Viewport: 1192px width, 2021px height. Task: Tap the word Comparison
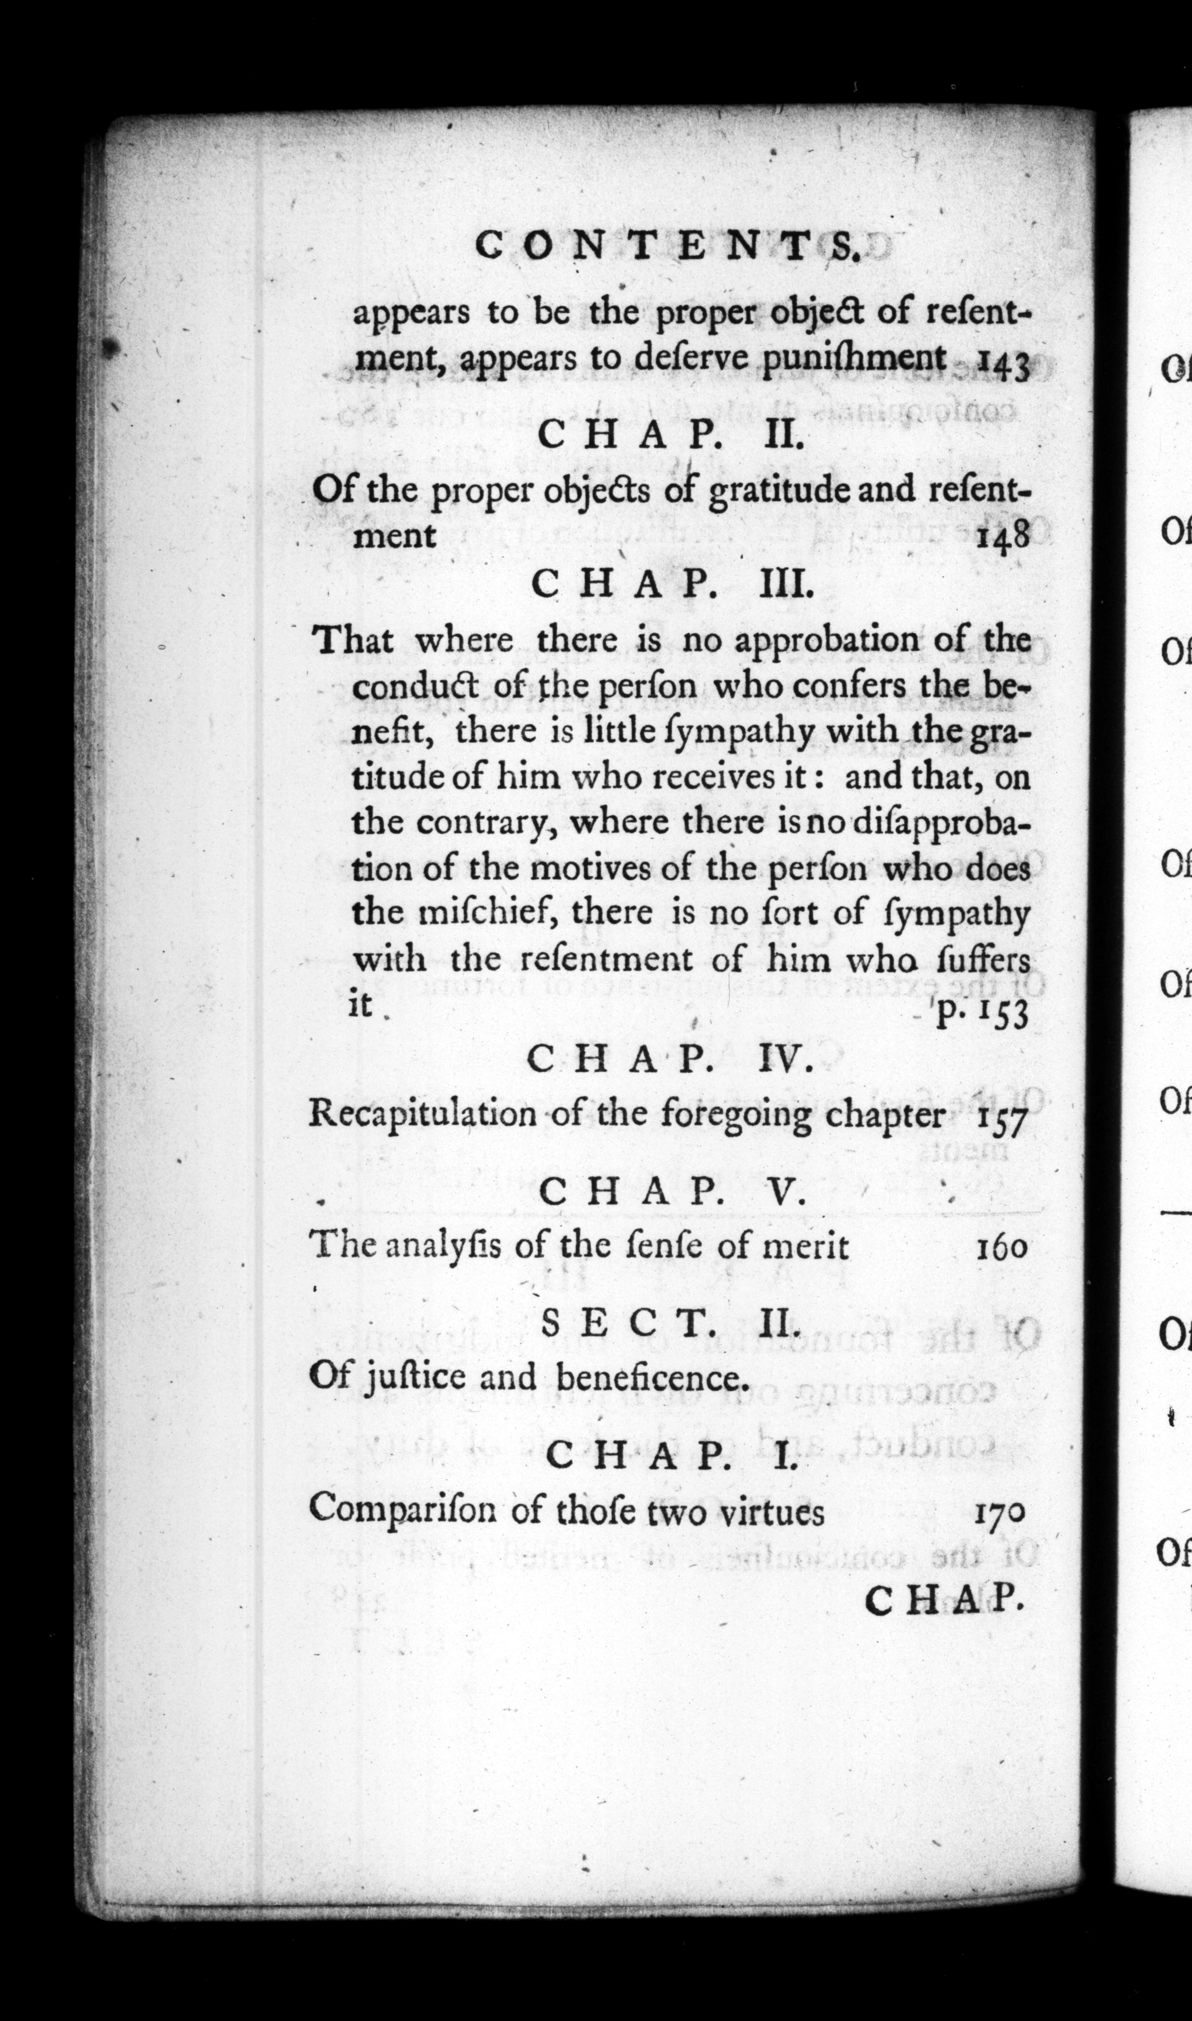click(406, 1510)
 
